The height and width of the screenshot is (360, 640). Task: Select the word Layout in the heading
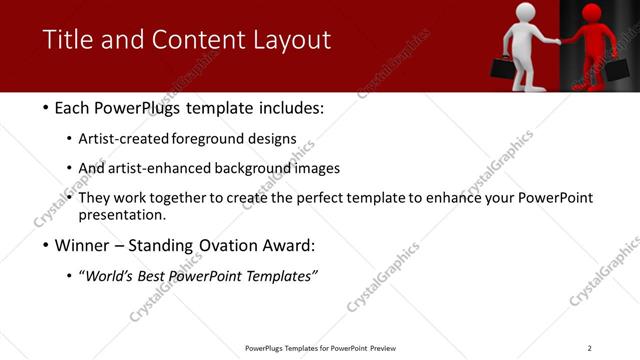tap(291, 41)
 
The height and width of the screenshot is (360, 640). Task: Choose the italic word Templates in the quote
tap(282, 276)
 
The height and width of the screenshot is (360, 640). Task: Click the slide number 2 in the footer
tap(589, 348)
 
